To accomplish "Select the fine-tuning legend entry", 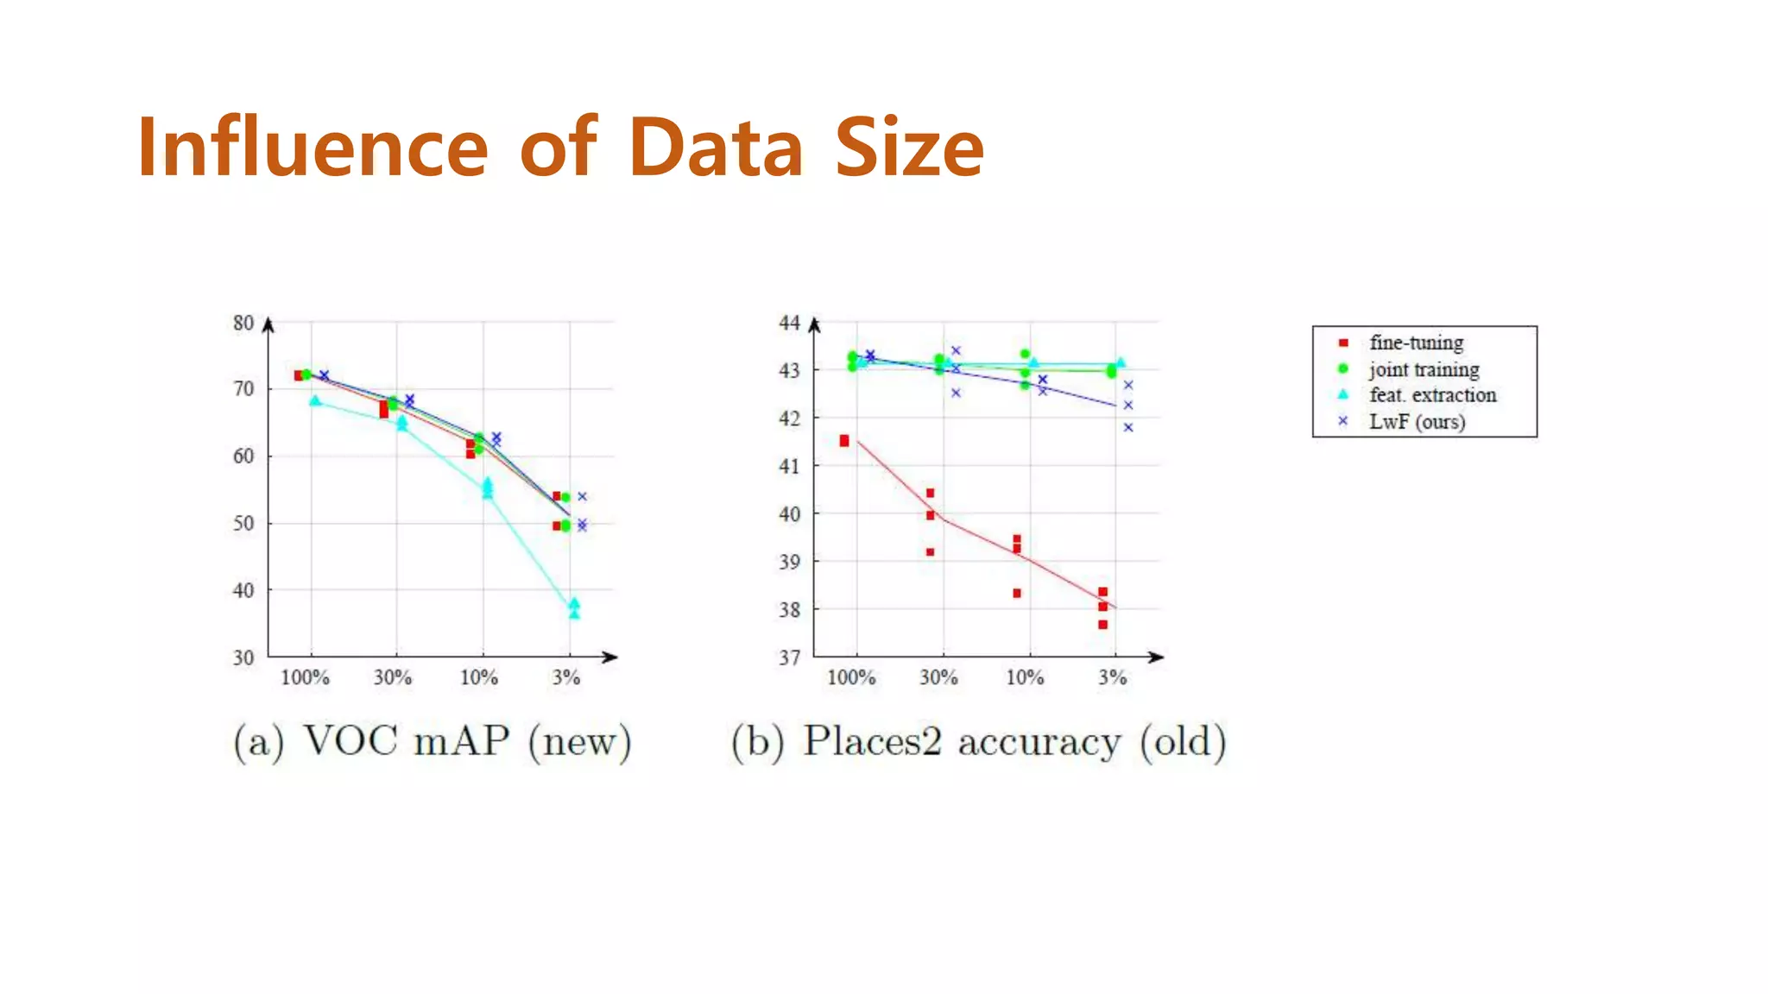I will pos(1416,343).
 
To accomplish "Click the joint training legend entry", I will pos(1424,369).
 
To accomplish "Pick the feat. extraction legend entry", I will pos(1432,395).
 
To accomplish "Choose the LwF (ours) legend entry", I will pos(1417,422).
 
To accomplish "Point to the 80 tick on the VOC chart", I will pos(243,324).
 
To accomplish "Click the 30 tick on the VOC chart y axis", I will pos(243,657).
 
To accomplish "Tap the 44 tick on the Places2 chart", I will pos(789,324).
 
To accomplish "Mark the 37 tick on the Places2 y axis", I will pos(789,657).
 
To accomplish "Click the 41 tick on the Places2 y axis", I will pos(789,466).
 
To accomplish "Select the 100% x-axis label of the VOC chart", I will pos(305,678).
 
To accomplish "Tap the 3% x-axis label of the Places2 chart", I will pos(1112,678).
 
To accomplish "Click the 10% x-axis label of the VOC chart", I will pos(478,678).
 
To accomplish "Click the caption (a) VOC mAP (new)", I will pos(433,741).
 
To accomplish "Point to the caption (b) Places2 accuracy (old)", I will pos(978,741).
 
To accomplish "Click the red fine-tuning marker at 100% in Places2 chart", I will pos(844,441).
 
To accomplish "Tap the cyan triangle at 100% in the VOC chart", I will pos(315,401).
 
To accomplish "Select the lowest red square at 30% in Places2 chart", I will pos(930,552).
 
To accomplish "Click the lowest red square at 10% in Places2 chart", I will pos(1017,594).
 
